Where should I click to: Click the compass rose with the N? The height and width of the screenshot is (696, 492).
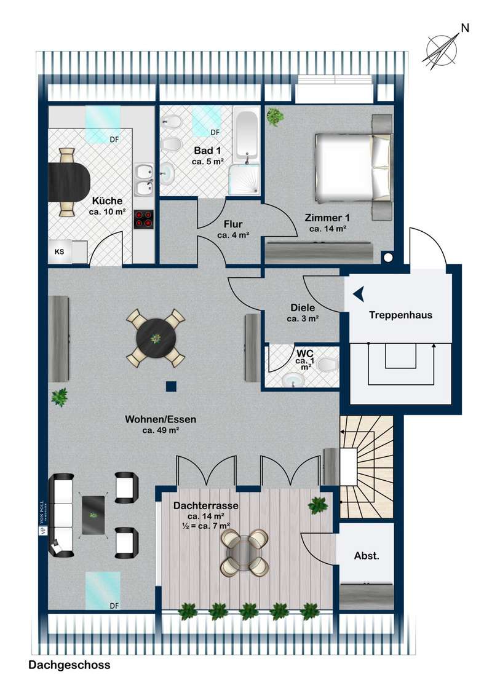click(x=442, y=49)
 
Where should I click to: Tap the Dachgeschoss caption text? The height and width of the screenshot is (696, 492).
click(x=69, y=665)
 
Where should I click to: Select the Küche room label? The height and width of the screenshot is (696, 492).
click(x=107, y=200)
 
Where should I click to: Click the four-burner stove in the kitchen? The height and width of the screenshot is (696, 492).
click(x=143, y=219)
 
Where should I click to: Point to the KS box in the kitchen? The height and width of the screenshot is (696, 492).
click(x=59, y=251)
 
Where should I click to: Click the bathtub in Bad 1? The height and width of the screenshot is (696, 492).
click(x=245, y=133)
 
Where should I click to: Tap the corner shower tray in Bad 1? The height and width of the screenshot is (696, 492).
click(x=244, y=179)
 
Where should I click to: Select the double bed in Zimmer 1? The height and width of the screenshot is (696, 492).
click(x=354, y=167)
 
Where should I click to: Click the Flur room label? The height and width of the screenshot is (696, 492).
click(x=233, y=224)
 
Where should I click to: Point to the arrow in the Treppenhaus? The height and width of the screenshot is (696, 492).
click(x=359, y=294)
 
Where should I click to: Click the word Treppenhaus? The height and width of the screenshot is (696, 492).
click(x=400, y=315)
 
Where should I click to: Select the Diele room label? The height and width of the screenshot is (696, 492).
click(x=303, y=307)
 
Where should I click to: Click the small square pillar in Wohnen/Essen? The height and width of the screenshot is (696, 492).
click(x=172, y=386)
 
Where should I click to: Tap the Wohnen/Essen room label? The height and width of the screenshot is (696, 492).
click(x=161, y=419)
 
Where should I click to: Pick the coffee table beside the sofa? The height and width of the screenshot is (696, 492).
click(x=93, y=515)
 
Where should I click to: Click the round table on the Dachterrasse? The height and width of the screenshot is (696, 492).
click(x=245, y=552)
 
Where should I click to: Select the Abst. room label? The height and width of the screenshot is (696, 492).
click(x=367, y=556)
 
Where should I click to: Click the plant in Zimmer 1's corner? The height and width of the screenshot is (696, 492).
click(x=276, y=117)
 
